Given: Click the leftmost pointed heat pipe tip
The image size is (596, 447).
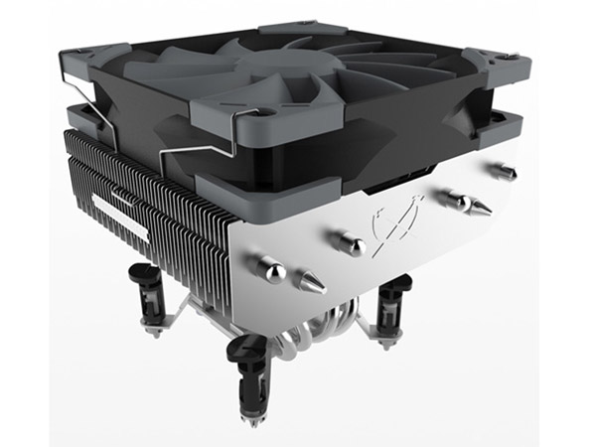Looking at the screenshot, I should pos(312,283).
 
